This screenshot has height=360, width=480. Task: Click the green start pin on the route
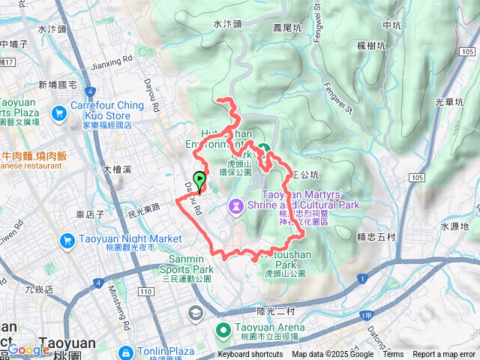click(199, 180)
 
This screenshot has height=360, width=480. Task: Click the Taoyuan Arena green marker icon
click(223, 329)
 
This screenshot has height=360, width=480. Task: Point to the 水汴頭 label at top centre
click(228, 24)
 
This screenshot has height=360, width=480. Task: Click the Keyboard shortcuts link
click(250, 355)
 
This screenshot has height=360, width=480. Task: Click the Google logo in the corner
click(28, 349)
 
